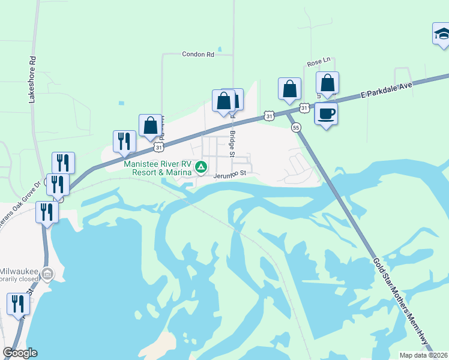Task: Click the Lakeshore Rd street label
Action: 33,80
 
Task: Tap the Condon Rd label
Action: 197,54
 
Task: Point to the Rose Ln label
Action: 319,62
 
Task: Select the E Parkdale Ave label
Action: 387,91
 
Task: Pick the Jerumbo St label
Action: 231,175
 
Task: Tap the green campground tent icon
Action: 203,166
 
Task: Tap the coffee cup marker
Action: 326,113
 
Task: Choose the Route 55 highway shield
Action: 296,127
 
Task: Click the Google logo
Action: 20,353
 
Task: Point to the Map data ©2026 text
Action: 424,355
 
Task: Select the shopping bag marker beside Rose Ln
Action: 328,83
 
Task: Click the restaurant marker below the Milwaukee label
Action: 18,304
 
